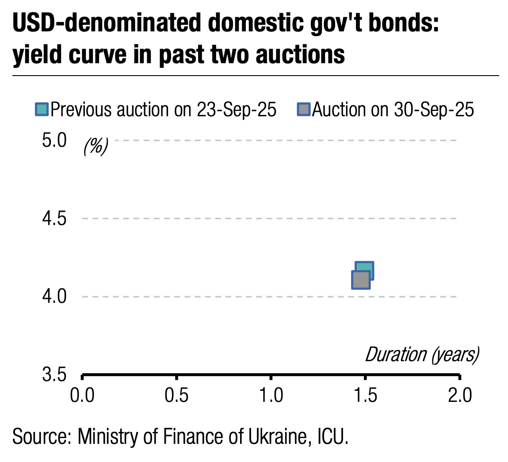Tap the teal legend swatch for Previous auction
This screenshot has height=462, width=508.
tap(42, 109)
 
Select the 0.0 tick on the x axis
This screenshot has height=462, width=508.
tap(82, 395)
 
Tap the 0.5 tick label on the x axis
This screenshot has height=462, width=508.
tap(176, 395)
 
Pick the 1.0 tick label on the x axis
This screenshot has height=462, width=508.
tap(271, 395)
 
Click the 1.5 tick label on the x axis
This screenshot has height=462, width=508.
tap(365, 395)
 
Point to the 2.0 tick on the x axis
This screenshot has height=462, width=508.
tap(460, 395)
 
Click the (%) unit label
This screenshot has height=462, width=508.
tap(95, 146)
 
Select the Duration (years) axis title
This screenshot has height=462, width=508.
tap(422, 355)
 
